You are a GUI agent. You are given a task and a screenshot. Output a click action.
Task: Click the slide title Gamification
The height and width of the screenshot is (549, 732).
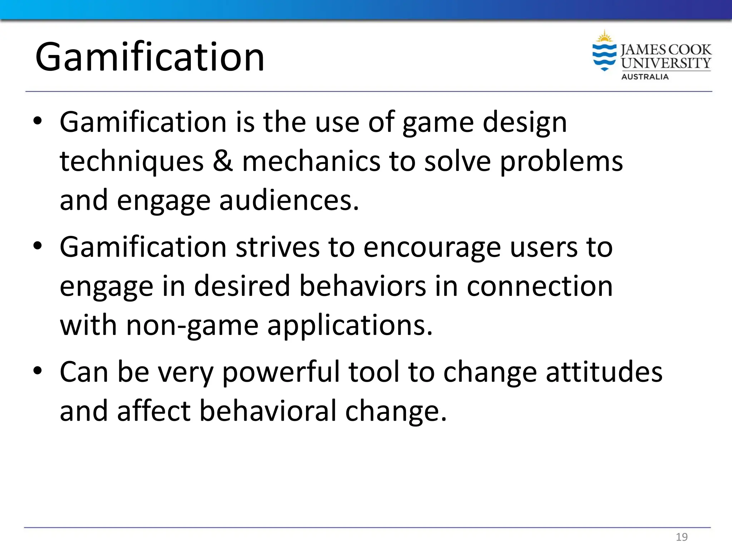[x=150, y=57]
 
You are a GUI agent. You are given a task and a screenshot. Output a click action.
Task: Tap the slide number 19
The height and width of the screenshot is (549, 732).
[x=682, y=537]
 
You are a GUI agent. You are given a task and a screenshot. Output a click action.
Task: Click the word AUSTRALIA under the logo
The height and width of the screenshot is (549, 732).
[x=645, y=77]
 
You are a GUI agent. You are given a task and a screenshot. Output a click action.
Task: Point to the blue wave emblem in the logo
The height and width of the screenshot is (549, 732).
[x=604, y=56]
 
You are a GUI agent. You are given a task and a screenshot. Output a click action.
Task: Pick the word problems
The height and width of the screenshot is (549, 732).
[x=561, y=162]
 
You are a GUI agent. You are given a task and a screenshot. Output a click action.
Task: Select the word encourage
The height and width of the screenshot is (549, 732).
[x=432, y=248]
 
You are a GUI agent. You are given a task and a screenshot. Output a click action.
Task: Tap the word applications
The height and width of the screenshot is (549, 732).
[x=350, y=326]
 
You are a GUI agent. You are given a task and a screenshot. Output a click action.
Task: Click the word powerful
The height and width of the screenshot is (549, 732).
[x=281, y=372]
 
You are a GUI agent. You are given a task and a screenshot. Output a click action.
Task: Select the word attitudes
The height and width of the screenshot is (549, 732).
[x=604, y=372]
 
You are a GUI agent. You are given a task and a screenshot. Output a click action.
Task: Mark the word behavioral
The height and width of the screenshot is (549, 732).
[x=268, y=411]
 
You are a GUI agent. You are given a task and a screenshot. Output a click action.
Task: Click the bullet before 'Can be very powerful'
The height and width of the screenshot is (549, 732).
[x=38, y=371]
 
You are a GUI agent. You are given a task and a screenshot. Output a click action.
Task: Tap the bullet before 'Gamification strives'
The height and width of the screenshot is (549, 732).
[x=38, y=246]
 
